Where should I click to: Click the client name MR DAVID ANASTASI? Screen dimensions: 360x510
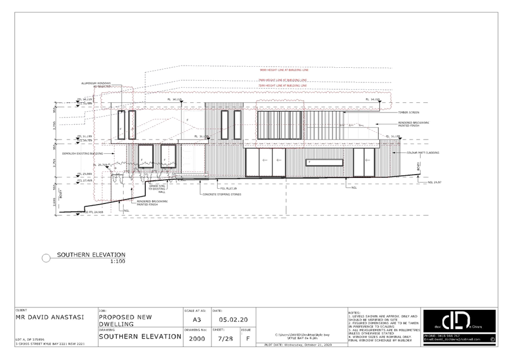50,318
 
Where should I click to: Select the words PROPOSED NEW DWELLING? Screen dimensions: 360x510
125,320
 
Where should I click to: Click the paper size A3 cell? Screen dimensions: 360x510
196,319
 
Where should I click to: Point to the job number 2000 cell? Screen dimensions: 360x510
197,339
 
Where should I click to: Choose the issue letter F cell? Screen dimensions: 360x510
247,339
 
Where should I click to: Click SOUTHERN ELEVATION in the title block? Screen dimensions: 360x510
140,337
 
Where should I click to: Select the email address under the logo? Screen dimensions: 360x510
452,340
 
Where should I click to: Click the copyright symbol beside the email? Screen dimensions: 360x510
492,339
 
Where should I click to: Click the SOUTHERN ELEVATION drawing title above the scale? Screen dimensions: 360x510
90,255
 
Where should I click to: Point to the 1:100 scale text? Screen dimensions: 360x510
118,262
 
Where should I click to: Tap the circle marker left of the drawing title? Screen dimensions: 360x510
46,258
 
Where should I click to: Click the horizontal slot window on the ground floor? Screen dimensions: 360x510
323,162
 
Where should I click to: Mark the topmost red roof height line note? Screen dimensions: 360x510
284,70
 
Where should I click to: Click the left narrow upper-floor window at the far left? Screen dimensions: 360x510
121,125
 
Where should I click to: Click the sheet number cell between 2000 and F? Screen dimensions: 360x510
225,339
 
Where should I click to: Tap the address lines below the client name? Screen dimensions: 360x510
50,341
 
